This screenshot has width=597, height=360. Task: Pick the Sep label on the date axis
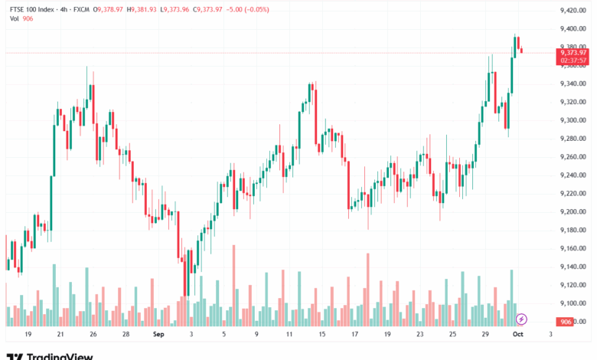158,335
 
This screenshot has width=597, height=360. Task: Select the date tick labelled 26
92,335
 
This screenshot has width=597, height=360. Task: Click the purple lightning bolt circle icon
521,319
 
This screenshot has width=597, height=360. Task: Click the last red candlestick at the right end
521,51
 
